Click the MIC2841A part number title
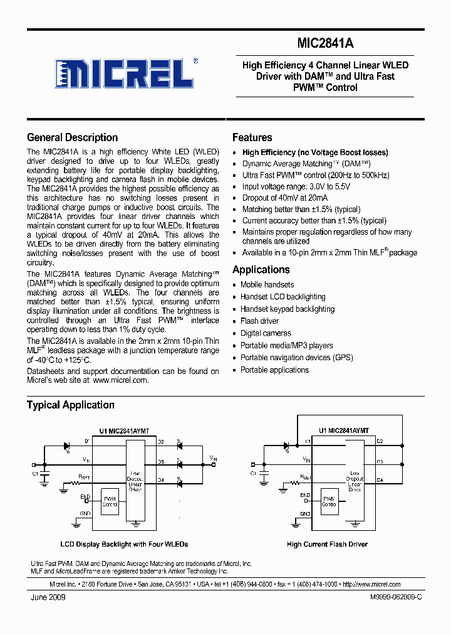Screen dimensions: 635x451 pos(325,45)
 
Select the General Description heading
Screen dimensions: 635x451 pos(72,137)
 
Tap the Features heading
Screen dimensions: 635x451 pos(252,137)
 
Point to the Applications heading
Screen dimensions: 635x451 pos(261,270)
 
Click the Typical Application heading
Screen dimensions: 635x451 pos(70,405)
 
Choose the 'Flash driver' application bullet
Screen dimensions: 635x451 pos(259,321)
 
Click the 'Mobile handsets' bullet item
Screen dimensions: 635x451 pos(267,284)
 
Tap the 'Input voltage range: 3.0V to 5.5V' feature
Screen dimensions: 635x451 pos(296,186)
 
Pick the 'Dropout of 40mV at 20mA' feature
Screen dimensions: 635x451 pos(285,198)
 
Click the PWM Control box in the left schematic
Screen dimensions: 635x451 pos(110,501)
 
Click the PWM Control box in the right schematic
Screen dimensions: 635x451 pos(328,501)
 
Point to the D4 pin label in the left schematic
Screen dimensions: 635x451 pos(160,480)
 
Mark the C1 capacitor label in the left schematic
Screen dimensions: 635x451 pos(35,473)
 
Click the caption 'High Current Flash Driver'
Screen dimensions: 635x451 pos(327,544)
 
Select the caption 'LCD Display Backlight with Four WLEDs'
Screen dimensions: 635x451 pos(124,544)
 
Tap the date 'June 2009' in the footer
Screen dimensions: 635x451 pos(48,597)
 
